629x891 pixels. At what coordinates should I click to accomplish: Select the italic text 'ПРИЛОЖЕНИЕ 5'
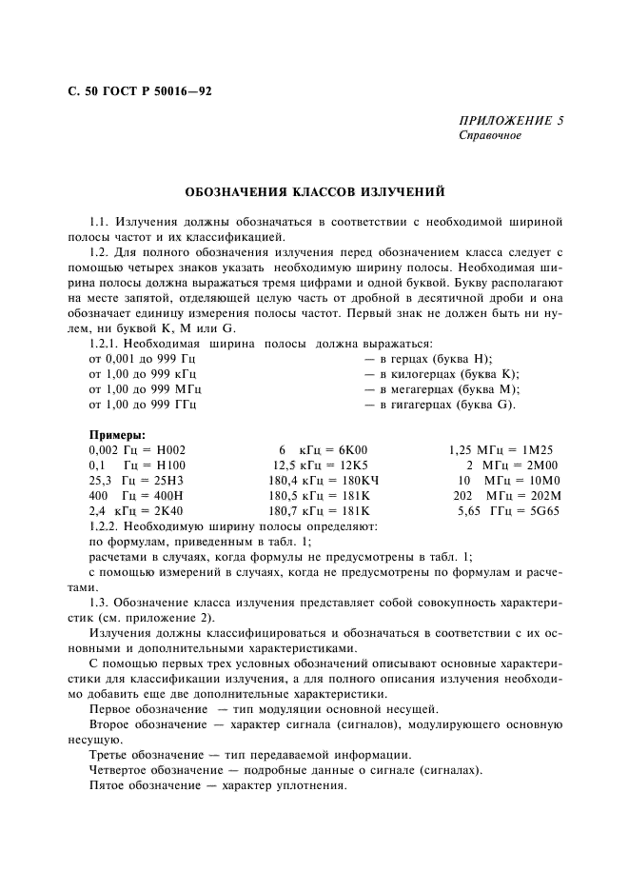(511, 121)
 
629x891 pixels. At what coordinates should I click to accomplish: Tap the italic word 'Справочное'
(490, 136)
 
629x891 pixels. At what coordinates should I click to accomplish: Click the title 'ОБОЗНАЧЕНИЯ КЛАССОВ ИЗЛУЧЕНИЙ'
(313, 192)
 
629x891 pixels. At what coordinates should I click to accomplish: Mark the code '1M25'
(536, 449)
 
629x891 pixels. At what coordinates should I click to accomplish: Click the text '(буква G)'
(486, 405)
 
